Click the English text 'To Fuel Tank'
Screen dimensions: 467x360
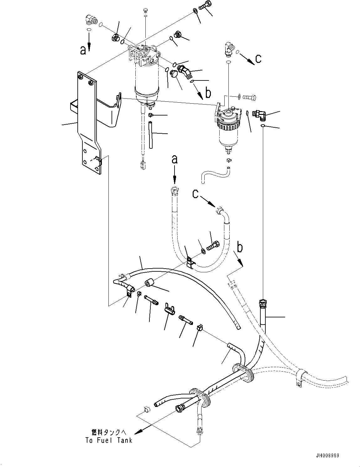[x=109, y=440]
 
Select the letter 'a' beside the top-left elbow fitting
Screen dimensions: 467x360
[x=83, y=50]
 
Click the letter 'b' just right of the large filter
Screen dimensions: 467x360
[x=208, y=93]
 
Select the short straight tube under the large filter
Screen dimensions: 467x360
[x=151, y=135]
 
